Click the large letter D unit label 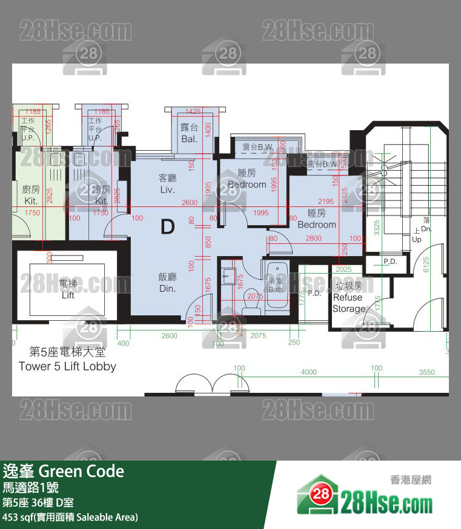pyautogui.click(x=168, y=227)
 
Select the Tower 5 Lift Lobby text pyautogui.click(x=67, y=366)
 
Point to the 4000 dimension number pyautogui.click(x=308, y=372)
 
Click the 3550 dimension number pyautogui.click(x=426, y=372)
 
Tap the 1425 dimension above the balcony pyautogui.click(x=193, y=111)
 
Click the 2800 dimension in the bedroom pyautogui.click(x=313, y=238)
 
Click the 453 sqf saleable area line pyautogui.click(x=70, y=517)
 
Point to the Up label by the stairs pyautogui.click(x=416, y=239)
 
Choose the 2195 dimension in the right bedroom pyautogui.click(x=325, y=202)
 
